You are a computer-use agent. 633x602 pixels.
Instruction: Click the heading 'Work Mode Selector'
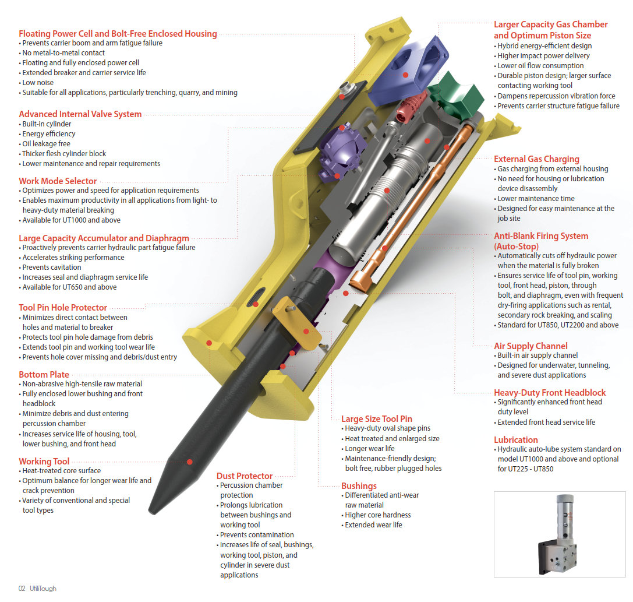click(58, 181)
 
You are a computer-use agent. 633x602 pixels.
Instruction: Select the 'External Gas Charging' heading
click(536, 159)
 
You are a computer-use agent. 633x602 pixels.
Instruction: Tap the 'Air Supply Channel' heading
click(531, 346)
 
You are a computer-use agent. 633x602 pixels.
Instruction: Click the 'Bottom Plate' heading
click(44, 375)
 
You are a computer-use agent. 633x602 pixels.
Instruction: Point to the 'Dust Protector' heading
click(245, 476)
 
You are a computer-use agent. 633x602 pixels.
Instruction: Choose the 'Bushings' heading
click(359, 485)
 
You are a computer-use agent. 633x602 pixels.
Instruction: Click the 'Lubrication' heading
click(516, 440)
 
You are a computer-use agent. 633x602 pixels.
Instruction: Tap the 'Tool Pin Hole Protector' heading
click(63, 308)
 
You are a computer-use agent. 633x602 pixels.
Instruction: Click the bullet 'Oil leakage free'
click(45, 144)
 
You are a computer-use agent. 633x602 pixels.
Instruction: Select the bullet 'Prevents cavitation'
click(50, 267)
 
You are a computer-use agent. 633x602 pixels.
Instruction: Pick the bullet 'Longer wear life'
click(368, 449)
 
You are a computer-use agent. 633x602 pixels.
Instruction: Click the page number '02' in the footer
click(22, 589)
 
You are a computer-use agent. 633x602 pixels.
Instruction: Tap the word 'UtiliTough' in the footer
click(43, 589)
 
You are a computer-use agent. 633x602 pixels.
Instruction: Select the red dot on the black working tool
click(190, 462)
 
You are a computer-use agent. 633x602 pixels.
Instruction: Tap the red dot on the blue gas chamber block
click(405, 75)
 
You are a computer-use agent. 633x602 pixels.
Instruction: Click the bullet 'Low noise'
click(36, 83)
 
